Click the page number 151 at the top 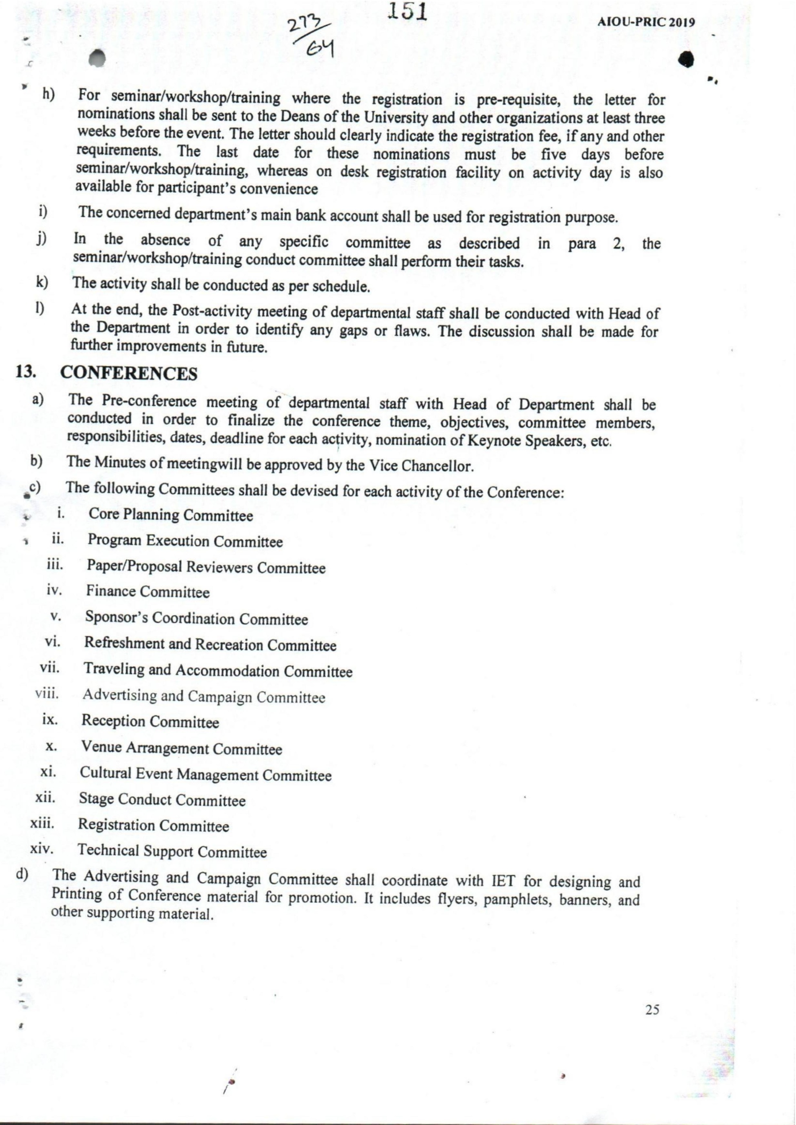(407, 11)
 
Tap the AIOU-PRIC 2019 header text (646, 22)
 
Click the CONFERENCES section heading (129, 374)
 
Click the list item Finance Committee (148, 592)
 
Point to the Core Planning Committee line (170, 515)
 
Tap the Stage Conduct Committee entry (162, 800)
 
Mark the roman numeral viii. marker (47, 694)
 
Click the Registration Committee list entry (154, 826)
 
